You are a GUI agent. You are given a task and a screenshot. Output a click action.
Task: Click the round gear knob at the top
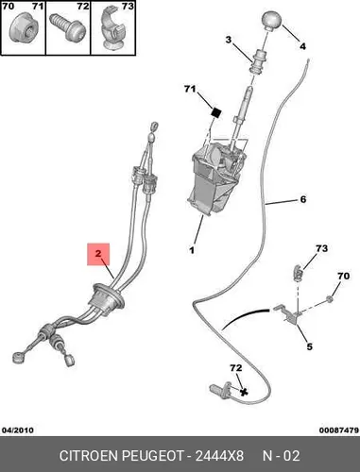pos(271,21)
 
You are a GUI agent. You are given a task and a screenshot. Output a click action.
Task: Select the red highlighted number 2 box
pos(98,254)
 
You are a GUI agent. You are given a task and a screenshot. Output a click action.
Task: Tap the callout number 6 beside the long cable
pos(303,199)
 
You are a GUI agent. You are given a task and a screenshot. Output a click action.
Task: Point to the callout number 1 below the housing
pos(192,250)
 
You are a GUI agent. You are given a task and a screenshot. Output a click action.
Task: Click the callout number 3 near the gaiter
pos(229,41)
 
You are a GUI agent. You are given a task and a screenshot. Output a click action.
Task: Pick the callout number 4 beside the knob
pos(302,46)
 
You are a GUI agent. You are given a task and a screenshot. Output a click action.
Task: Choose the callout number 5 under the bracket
pos(310,346)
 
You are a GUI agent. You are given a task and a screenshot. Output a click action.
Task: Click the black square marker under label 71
pos(216,112)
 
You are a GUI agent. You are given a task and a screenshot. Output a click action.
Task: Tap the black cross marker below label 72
pos(243,392)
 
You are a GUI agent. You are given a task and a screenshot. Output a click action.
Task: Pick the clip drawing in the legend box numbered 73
pos(113,30)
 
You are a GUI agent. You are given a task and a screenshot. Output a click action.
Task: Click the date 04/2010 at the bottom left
pos(18,430)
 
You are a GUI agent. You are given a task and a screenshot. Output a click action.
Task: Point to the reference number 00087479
pos(339,430)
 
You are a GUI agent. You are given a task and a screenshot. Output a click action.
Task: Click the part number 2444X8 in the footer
pos(219,456)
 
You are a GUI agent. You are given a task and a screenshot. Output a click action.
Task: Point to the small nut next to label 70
pos(330,298)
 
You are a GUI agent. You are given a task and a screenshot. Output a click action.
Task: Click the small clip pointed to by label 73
pos(298,273)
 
